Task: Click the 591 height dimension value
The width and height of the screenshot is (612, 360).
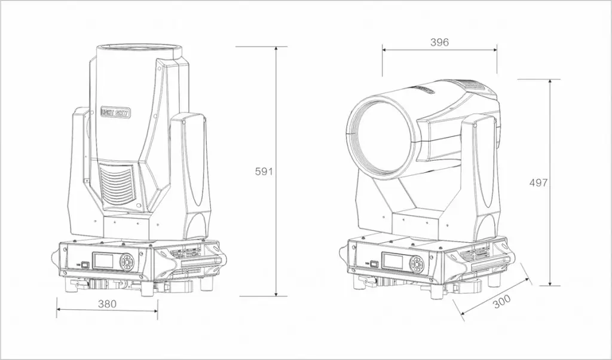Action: pos(264,172)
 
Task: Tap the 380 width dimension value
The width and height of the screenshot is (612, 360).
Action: pos(107,303)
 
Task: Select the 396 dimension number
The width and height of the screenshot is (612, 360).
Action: pos(439,42)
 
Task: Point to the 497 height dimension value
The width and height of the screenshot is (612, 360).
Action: pos(538,182)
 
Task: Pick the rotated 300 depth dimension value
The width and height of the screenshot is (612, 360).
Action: pos(501,301)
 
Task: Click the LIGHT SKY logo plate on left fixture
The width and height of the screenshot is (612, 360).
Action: pos(116,112)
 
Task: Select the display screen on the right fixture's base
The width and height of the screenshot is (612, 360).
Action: pos(394,261)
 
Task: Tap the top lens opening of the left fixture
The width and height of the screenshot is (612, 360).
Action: pos(139,48)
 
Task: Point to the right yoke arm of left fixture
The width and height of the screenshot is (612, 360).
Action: pos(191,176)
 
